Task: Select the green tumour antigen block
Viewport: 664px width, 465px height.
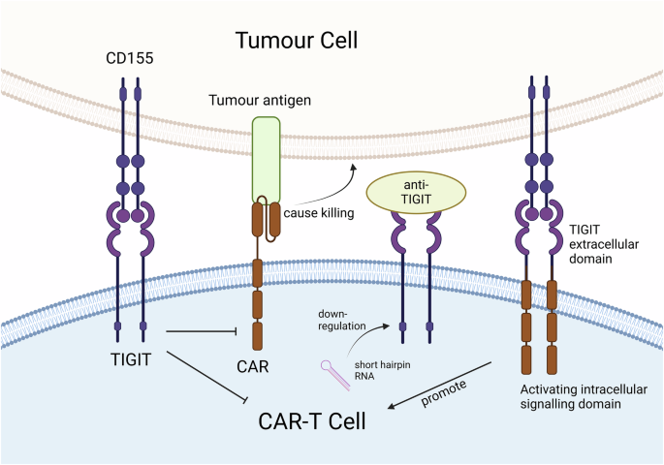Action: pyautogui.click(x=266, y=159)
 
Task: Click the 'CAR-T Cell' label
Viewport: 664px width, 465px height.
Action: pyautogui.click(x=319, y=423)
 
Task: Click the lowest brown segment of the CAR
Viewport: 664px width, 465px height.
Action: pyautogui.click(x=258, y=336)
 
